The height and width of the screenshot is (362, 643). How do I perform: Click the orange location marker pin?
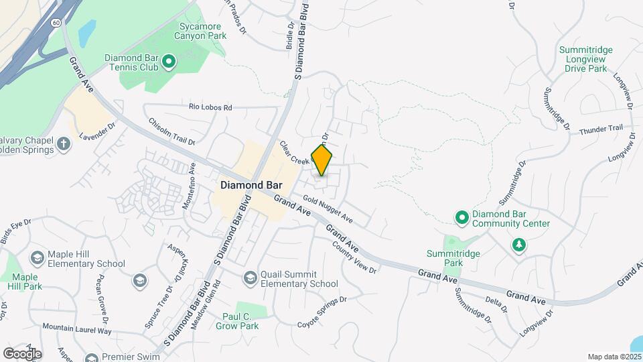[x=322, y=160]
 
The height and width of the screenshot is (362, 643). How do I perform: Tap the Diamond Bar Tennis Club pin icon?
[x=169, y=63]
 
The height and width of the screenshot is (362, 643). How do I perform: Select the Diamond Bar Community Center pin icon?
[x=461, y=217]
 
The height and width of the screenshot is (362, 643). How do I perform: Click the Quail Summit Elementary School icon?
[x=250, y=278]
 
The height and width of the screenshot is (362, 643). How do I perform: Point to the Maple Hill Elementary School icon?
[x=38, y=257]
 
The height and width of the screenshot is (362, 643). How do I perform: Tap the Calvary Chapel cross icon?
[x=64, y=143]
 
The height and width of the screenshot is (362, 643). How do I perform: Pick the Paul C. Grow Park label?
[x=237, y=322]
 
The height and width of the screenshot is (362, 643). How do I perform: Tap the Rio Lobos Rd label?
[x=210, y=107]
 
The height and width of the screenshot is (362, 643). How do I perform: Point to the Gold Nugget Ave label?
[x=328, y=208]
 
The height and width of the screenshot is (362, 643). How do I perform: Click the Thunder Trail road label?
[x=601, y=128]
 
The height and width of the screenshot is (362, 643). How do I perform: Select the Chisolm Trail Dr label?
[x=171, y=132]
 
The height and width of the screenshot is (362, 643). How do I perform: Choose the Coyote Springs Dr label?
[x=323, y=312]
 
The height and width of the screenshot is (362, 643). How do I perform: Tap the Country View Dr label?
[x=355, y=257]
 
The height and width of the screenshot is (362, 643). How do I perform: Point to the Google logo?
[x=21, y=353]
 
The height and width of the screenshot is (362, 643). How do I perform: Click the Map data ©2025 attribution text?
[x=613, y=357]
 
